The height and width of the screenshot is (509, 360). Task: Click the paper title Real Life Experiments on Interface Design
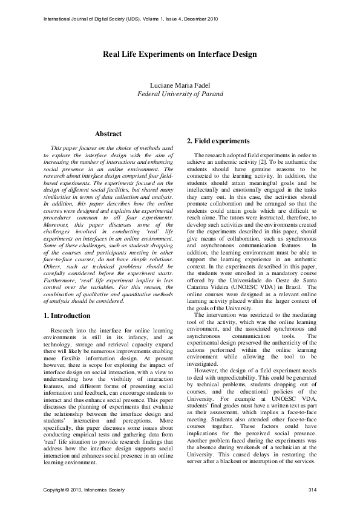point(180,54)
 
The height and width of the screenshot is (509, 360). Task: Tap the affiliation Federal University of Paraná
point(180,94)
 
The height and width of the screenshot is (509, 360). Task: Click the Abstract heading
point(108,134)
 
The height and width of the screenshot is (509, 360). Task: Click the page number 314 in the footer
point(312,488)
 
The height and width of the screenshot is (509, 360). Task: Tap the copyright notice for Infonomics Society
point(81,488)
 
